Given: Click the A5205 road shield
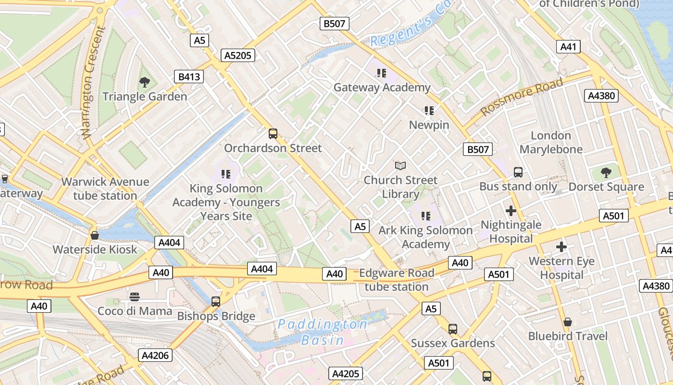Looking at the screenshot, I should pos(238,55).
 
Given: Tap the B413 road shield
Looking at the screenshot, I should pos(189,77).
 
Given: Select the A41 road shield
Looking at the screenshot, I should pos(568,47).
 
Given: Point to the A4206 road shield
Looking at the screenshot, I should pos(155,356).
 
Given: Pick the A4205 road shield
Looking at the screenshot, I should pos(346,373).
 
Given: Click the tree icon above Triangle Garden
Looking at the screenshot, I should pos(144,82).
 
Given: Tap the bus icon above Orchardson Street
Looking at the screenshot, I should pos(273,134).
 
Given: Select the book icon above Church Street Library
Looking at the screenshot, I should pos(400,166).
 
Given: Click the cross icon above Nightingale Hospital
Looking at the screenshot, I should pos(511,211).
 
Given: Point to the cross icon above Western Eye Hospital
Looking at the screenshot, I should pos(561,247).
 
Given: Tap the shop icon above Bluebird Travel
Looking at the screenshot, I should pos(568,322).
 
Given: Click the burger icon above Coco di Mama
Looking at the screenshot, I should pos(135,297).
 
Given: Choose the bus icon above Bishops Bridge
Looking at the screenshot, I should pos(216,302).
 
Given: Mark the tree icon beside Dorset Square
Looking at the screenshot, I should pos(606,173).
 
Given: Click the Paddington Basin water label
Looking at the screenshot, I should pos(323,332).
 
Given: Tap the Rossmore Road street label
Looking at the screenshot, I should pos(522,97).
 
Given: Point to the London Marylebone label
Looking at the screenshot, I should pos(551,142).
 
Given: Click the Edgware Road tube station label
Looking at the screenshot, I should pos(397,280).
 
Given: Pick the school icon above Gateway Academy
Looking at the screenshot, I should pos(382,73).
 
